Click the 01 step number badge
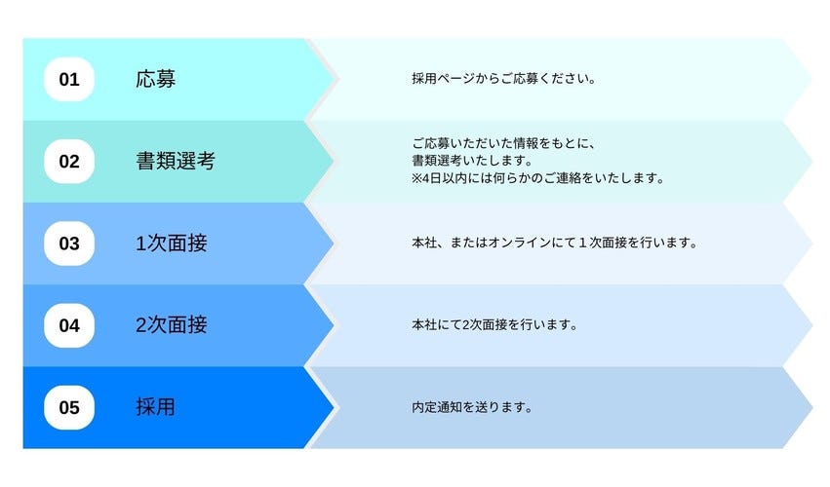(x=69, y=79)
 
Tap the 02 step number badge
(x=69, y=162)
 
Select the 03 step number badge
(x=69, y=243)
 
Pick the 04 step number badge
(x=69, y=325)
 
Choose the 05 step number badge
(x=69, y=408)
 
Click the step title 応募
(x=156, y=79)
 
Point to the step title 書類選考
(x=176, y=162)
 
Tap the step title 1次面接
(x=172, y=243)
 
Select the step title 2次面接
(x=172, y=325)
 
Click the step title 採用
(x=156, y=407)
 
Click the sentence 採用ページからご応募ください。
(x=504, y=79)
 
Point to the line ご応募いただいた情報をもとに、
(x=504, y=143)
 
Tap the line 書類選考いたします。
(x=473, y=160)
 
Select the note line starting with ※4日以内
(x=537, y=178)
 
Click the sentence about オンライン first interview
(x=555, y=243)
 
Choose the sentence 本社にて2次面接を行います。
(x=494, y=324)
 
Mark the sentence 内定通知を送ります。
(x=472, y=407)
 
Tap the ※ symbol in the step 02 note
(x=416, y=178)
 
